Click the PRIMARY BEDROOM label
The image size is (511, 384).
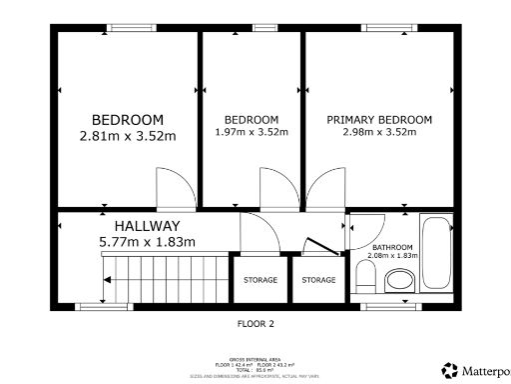point(380,119)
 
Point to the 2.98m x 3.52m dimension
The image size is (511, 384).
point(380,132)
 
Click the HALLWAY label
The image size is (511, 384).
point(146,226)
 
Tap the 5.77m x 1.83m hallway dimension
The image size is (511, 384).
point(146,241)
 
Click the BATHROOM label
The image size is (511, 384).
point(392,246)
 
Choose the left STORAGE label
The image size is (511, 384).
point(260,280)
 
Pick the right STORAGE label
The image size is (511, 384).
point(319,280)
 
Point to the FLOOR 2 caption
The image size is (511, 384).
point(255,324)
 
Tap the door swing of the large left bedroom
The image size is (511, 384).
point(171,187)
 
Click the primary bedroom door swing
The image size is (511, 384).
point(322,190)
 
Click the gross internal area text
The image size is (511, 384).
point(255,360)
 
